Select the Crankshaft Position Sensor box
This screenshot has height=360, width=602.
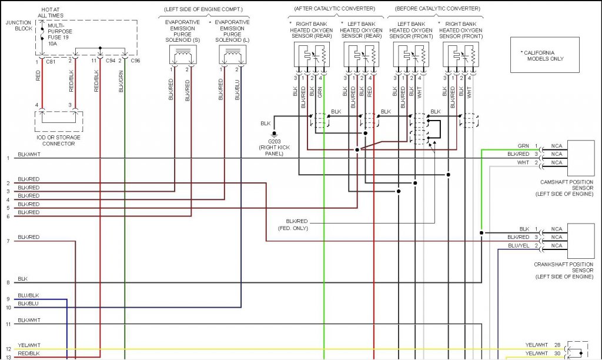click(x=580, y=241)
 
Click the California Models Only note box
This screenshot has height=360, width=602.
click(x=544, y=55)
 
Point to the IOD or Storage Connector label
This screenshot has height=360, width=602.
click(x=58, y=140)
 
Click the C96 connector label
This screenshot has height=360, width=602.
click(x=135, y=61)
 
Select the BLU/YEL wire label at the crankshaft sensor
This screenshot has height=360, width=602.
click(x=519, y=245)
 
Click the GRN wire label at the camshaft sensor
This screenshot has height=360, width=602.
click(x=523, y=146)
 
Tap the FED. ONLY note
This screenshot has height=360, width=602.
click(x=293, y=228)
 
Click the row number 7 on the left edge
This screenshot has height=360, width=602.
click(x=8, y=241)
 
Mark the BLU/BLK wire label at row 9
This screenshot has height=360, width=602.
click(x=28, y=295)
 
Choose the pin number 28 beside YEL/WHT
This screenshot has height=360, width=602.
click(x=556, y=345)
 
